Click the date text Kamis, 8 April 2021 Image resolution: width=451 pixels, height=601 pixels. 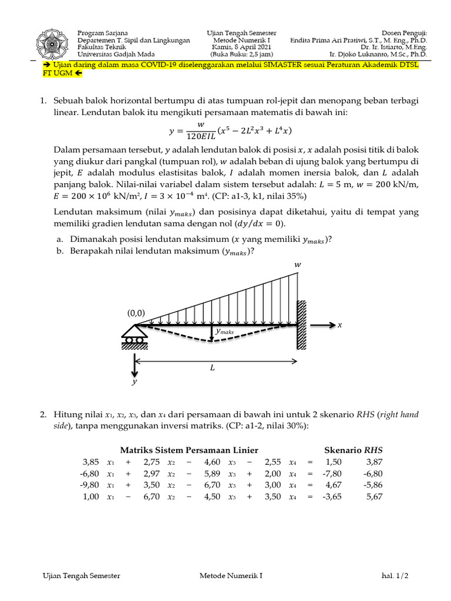[x=241, y=47]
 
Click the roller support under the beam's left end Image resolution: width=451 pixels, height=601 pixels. [x=134, y=337]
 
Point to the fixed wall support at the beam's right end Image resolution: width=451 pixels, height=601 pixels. [x=301, y=325]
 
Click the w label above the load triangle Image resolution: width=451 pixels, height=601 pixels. [x=297, y=265]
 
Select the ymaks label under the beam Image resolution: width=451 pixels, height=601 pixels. [x=224, y=332]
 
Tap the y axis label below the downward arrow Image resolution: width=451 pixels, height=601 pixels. [x=135, y=381]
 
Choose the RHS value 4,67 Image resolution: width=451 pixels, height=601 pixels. [x=332, y=485]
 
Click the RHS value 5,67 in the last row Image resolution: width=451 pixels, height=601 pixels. [x=373, y=496]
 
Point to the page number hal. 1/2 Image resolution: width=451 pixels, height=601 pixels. [x=394, y=576]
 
